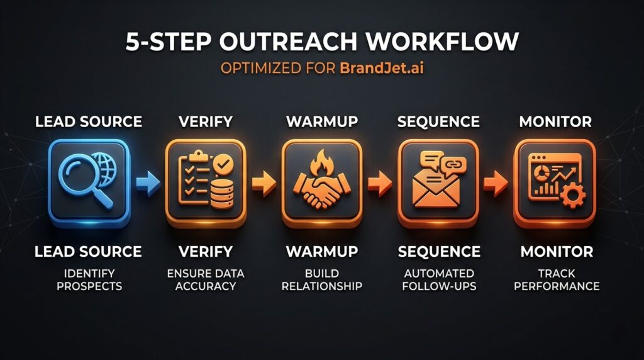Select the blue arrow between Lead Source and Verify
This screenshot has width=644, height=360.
(147, 183)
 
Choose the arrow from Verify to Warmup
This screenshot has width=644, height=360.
(263, 183)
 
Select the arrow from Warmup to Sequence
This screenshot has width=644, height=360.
(379, 183)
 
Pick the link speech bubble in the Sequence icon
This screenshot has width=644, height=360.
(453, 165)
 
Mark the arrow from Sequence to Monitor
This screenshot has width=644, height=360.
(495, 183)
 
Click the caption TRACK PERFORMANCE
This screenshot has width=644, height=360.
(556, 279)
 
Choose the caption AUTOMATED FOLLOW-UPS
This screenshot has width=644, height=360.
(438, 279)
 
